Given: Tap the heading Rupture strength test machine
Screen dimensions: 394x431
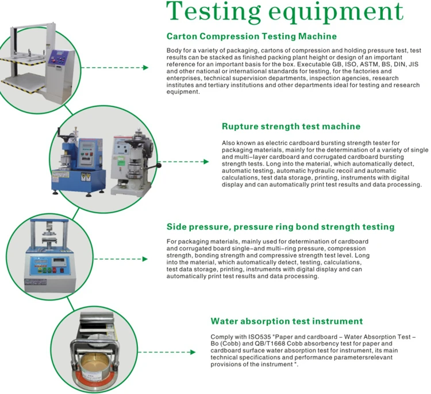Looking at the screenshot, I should (x=291, y=126).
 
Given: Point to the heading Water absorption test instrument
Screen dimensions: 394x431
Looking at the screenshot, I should (x=287, y=321).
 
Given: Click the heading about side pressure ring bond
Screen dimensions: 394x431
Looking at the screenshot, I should (x=280, y=227).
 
